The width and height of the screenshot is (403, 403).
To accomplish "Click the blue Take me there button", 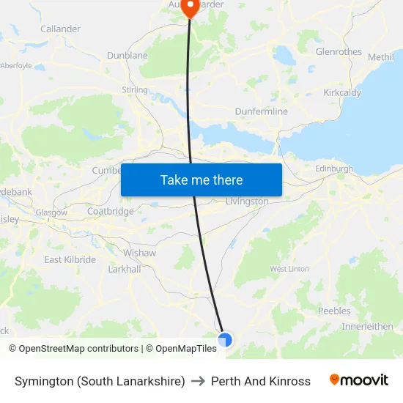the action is coord(202,180).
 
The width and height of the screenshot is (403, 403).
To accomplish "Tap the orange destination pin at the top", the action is coord(190,8).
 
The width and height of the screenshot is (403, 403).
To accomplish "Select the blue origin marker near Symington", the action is coord(225,340).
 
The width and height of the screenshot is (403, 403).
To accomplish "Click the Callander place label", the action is coord(61,29).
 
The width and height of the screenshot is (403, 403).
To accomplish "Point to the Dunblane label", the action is coord(127,56).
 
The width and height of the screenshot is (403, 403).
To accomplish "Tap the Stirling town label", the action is coord(135,90).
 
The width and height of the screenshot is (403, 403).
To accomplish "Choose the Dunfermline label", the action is coord(262,111).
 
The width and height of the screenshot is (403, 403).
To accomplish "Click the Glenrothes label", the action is coord(339,52).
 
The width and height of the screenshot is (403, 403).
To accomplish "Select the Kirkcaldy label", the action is coord(341,93).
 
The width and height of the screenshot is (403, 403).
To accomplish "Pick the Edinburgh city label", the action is coord(334,169).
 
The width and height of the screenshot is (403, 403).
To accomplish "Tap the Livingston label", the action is coord(247,202).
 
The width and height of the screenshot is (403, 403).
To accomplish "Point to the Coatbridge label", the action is coord(111,212).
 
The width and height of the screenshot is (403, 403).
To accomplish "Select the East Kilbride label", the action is coord(70,260).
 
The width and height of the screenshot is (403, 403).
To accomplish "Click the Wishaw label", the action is coord(139,253).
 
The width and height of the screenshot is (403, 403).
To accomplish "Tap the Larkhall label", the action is coord(124,269).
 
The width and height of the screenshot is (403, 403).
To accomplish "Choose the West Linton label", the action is coord(289,270).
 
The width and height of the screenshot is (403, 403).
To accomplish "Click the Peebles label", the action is coord(334,311).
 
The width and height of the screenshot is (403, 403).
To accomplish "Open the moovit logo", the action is coord(359,380).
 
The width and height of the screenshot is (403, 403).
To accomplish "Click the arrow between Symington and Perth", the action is coord(198,381).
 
